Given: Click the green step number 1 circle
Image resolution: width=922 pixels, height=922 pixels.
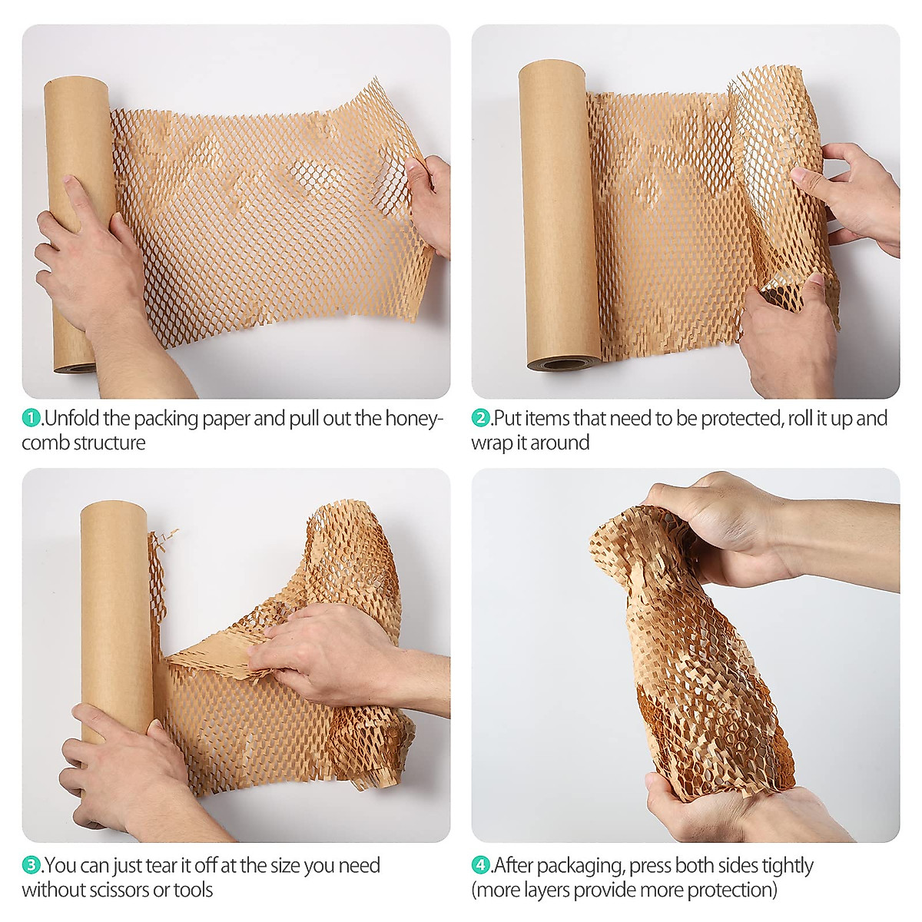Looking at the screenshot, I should [32, 419].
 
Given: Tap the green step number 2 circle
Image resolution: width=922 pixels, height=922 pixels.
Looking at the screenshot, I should [480, 419].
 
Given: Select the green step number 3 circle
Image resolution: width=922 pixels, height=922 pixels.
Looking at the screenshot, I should [32, 866].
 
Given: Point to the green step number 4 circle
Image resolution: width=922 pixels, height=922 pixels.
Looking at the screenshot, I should [480, 866].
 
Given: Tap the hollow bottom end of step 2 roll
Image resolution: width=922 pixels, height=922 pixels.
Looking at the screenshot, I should [563, 363].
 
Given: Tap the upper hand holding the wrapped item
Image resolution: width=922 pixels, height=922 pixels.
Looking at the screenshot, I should [730, 522].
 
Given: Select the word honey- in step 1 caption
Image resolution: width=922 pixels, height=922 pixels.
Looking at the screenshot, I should [415, 419].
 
